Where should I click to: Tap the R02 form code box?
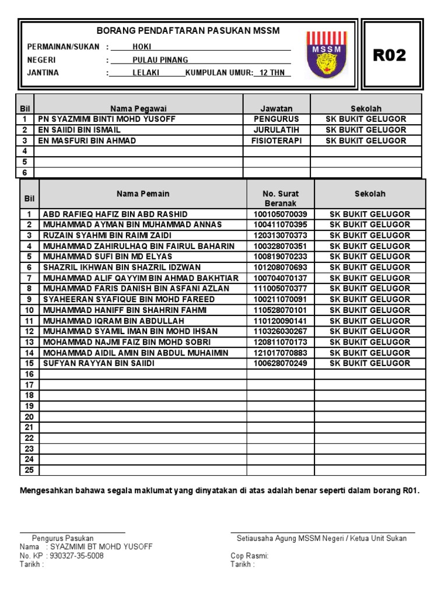coord(390,55)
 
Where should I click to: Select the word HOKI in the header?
coord(142,47)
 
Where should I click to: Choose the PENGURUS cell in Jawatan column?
coord(276,119)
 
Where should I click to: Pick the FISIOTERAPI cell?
coord(276,141)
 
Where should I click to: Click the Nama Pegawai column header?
coord(138,108)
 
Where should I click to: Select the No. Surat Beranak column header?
coord(280,198)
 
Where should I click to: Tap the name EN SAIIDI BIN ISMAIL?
coord(79,130)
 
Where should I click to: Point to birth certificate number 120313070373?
coord(280,236)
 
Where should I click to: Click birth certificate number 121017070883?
coord(280,353)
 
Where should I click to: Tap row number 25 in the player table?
coord(29,470)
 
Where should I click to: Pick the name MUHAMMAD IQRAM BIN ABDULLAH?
coord(113,321)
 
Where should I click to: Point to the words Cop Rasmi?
coord(249,556)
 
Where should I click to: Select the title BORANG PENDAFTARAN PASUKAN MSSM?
coord(188,30)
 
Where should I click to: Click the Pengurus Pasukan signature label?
coord(63,538)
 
